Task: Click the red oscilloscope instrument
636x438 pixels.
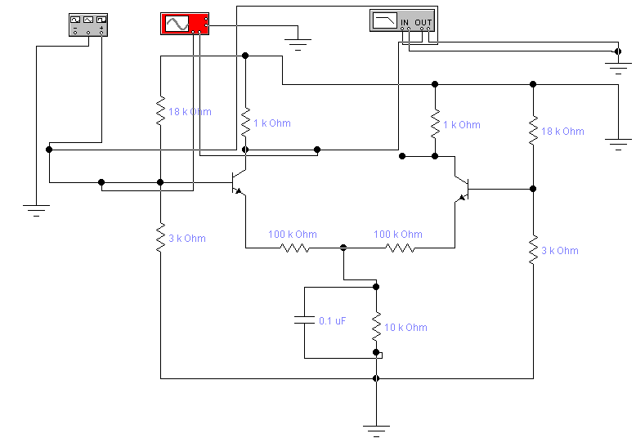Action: pos(184,25)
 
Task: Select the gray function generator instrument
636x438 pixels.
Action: pos(87,25)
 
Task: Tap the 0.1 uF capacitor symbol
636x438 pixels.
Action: pos(304,321)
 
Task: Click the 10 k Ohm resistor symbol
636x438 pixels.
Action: pos(376,327)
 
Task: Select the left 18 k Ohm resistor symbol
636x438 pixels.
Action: pos(161,111)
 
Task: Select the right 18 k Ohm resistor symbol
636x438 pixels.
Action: pos(533,130)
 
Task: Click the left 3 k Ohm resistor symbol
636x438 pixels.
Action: pos(161,238)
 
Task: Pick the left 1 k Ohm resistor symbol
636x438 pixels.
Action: pos(245,123)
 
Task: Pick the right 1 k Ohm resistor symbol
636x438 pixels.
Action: pos(435,124)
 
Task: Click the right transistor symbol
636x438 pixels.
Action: pos(462,189)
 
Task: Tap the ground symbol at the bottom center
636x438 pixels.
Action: pos(376,428)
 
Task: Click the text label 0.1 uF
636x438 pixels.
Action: pos(332,321)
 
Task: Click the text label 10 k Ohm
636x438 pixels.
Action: pos(405,328)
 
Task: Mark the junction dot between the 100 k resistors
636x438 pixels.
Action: pos(343,247)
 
